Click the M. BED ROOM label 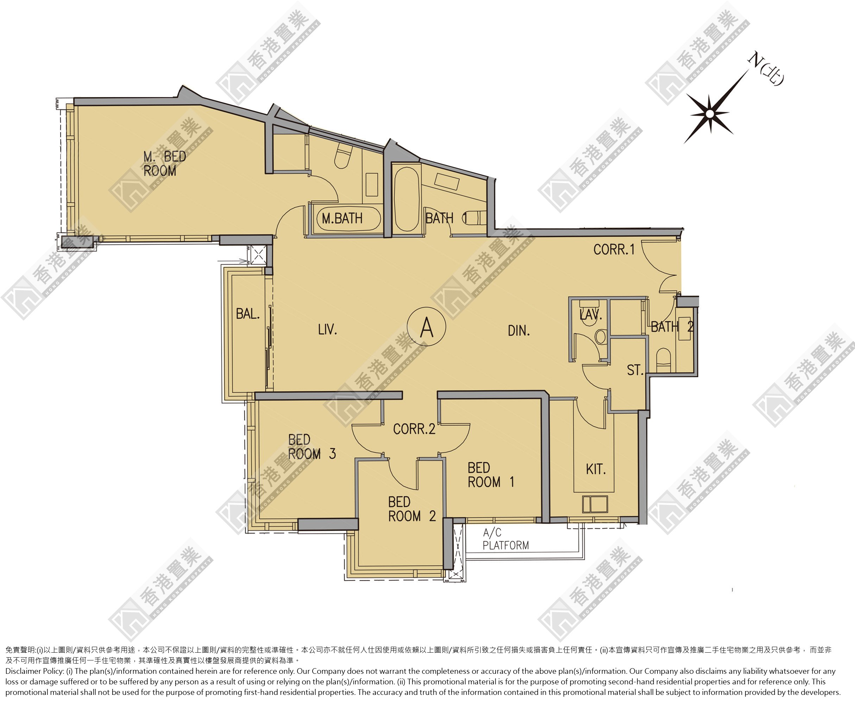point(164,164)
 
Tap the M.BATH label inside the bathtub point(342,218)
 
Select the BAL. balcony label point(248,313)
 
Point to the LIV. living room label point(328,330)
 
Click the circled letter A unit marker point(427,327)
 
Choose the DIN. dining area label point(519,331)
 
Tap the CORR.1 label point(614,249)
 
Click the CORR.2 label point(414,429)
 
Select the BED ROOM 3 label point(312,446)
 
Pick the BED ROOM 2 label point(412,509)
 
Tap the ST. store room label point(635,370)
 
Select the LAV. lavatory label point(591,315)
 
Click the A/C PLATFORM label point(506,539)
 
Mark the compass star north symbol point(710,114)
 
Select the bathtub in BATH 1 point(406,199)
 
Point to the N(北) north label point(766,69)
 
